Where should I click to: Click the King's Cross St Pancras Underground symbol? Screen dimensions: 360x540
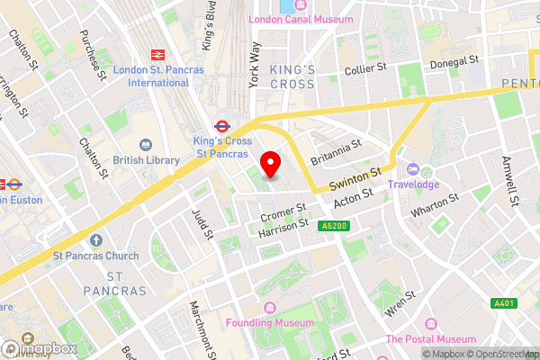pyautogui.click(x=220, y=125)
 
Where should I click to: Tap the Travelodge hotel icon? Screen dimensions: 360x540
pyautogui.click(x=413, y=168)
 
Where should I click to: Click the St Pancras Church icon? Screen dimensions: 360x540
pyautogui.click(x=96, y=240)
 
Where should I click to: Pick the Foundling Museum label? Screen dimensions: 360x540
pyautogui.click(x=270, y=322)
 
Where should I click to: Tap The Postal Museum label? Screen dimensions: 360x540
pyautogui.click(x=430, y=338)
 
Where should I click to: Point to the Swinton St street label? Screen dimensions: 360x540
pyautogui.click(x=355, y=179)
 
